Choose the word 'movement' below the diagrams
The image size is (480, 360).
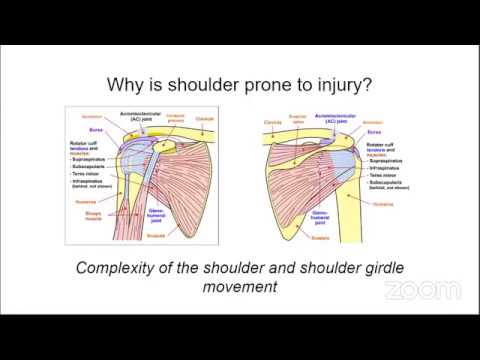240,288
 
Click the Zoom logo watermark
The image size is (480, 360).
422,291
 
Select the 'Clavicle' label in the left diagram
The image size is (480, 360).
203,118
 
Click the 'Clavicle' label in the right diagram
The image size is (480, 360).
272,124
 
